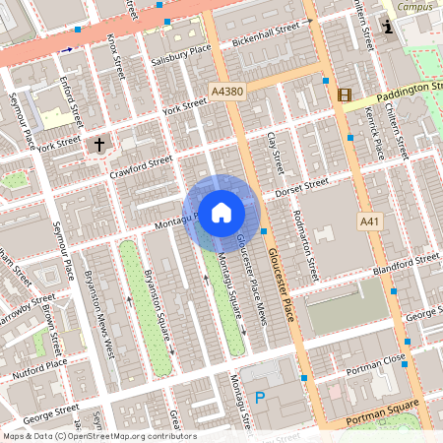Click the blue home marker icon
(221, 211)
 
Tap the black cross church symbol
(97, 146)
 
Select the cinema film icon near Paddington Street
(344, 95)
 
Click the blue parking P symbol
(261, 398)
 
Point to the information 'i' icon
(389, 28)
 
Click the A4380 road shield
(226, 91)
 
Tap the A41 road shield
(371, 222)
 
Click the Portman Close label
(378, 362)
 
